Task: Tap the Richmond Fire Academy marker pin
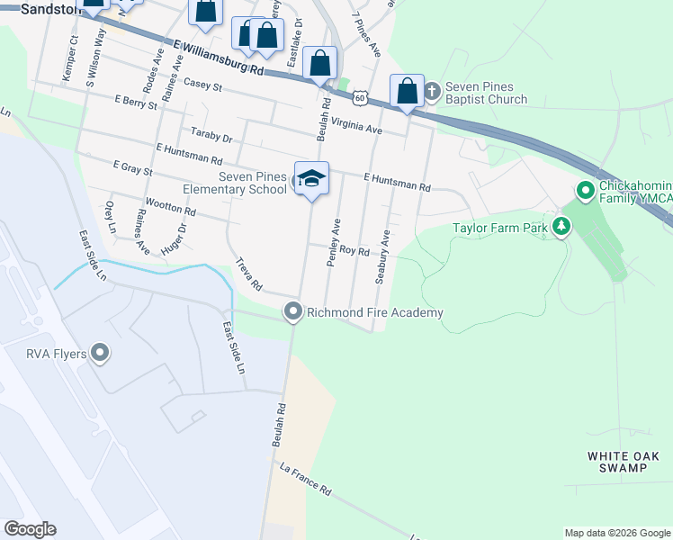(x=292, y=312)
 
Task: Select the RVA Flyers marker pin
(x=100, y=353)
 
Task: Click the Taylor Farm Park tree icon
(x=561, y=228)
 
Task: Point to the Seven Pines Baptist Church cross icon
(x=432, y=90)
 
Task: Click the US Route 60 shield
(x=360, y=95)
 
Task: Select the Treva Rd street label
(x=248, y=275)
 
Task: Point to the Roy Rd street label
(x=354, y=252)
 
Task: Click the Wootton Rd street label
(x=170, y=209)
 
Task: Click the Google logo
(x=30, y=529)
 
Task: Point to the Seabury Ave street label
(x=382, y=256)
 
